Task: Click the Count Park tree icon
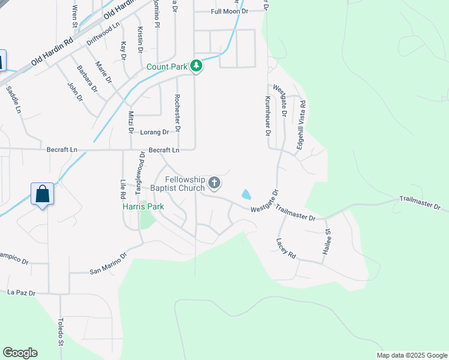(196, 66)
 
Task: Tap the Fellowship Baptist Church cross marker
(214, 182)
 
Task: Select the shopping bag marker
(42, 194)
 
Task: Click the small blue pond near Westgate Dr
(246, 194)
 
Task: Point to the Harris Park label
(143, 206)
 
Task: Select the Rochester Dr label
(177, 113)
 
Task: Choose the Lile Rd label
(122, 190)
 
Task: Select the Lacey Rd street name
(286, 247)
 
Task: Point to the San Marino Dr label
(109, 263)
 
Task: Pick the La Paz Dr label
(22, 292)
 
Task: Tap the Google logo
(20, 353)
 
